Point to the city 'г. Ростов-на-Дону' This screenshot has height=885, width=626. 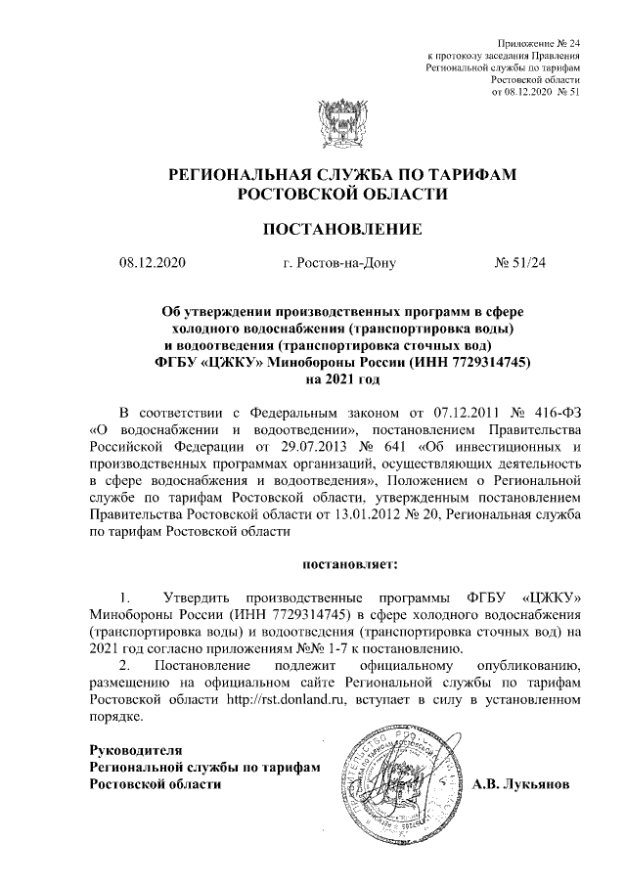point(337,262)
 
